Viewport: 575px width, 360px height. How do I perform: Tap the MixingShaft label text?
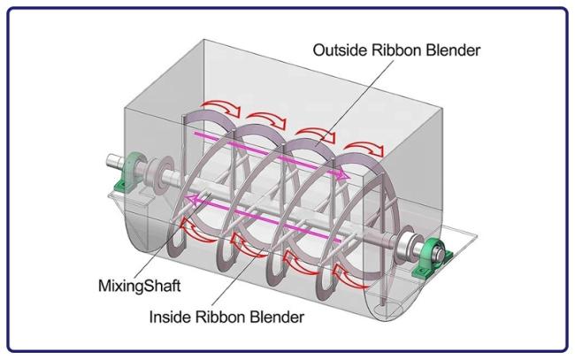pos(140,286)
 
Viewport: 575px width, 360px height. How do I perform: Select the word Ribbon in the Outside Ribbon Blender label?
pos(395,50)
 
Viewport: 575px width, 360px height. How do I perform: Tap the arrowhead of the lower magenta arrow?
pos(192,199)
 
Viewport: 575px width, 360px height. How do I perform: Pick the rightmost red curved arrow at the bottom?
pos(350,277)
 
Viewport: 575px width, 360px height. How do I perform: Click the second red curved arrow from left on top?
pos(266,119)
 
